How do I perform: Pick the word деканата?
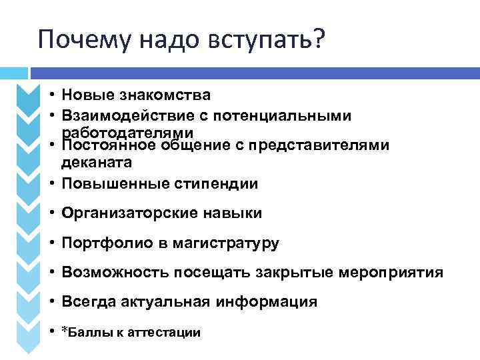tap(97, 162)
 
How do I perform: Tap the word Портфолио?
tap(97, 243)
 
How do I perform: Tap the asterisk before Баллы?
tap(64, 330)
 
